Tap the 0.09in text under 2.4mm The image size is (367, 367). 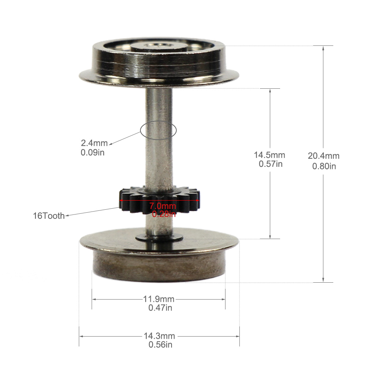click(92, 153)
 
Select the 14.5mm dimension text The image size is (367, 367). click(269, 155)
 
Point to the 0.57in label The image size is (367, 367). click(271, 164)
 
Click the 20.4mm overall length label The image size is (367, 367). click(324, 156)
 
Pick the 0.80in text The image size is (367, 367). click(324, 166)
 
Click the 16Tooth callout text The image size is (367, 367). click(48, 216)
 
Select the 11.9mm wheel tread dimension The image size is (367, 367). click(159, 299)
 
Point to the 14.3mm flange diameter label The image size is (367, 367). click(159, 336)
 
